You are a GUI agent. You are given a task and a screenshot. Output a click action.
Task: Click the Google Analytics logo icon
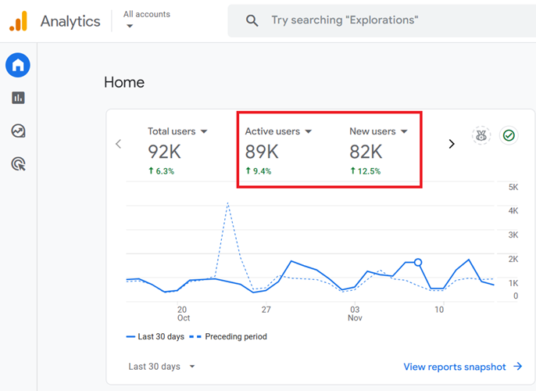pos(18,21)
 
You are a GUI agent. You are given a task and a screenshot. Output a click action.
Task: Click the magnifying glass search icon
pos(252,21)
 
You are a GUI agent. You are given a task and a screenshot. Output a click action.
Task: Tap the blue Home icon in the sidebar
pos(18,66)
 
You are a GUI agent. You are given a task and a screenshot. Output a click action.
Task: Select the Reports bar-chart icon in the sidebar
pos(18,98)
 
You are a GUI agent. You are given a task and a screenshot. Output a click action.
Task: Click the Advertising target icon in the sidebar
pos(18,163)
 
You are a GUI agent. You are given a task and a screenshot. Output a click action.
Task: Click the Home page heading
pos(124,82)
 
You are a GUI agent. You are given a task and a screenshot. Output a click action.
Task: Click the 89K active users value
pos(262,152)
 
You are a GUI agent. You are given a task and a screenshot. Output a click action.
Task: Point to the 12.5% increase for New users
pos(365,171)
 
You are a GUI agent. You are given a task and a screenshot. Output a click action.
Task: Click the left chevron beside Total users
pos(119,144)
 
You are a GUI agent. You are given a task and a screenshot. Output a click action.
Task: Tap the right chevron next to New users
pos(451,144)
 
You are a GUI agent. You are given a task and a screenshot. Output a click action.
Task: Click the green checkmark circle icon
pos(509,136)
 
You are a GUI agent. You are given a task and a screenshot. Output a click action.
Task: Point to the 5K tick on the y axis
pos(513,187)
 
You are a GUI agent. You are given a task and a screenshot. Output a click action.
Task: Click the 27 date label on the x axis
pos(266,310)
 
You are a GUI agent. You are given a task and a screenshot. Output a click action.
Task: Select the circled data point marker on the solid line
pos(418,263)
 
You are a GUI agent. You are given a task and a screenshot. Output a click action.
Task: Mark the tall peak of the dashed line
pos(227,203)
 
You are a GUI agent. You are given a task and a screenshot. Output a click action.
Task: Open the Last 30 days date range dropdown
pos(162,366)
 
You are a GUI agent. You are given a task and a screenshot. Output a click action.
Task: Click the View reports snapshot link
pos(463,366)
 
